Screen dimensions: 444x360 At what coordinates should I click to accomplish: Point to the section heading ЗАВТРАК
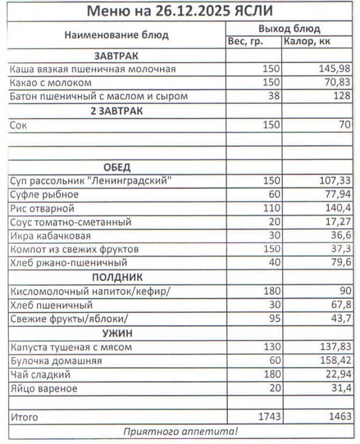[x=117, y=56]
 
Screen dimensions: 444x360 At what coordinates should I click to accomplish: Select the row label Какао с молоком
[x=51, y=83]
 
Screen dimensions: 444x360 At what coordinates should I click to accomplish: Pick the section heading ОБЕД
[x=117, y=168]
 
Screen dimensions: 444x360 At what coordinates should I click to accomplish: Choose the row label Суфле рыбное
[x=44, y=195]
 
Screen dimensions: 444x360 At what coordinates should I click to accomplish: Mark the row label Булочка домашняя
[x=56, y=361]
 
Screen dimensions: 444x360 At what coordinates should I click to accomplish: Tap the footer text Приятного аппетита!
[x=180, y=431]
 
